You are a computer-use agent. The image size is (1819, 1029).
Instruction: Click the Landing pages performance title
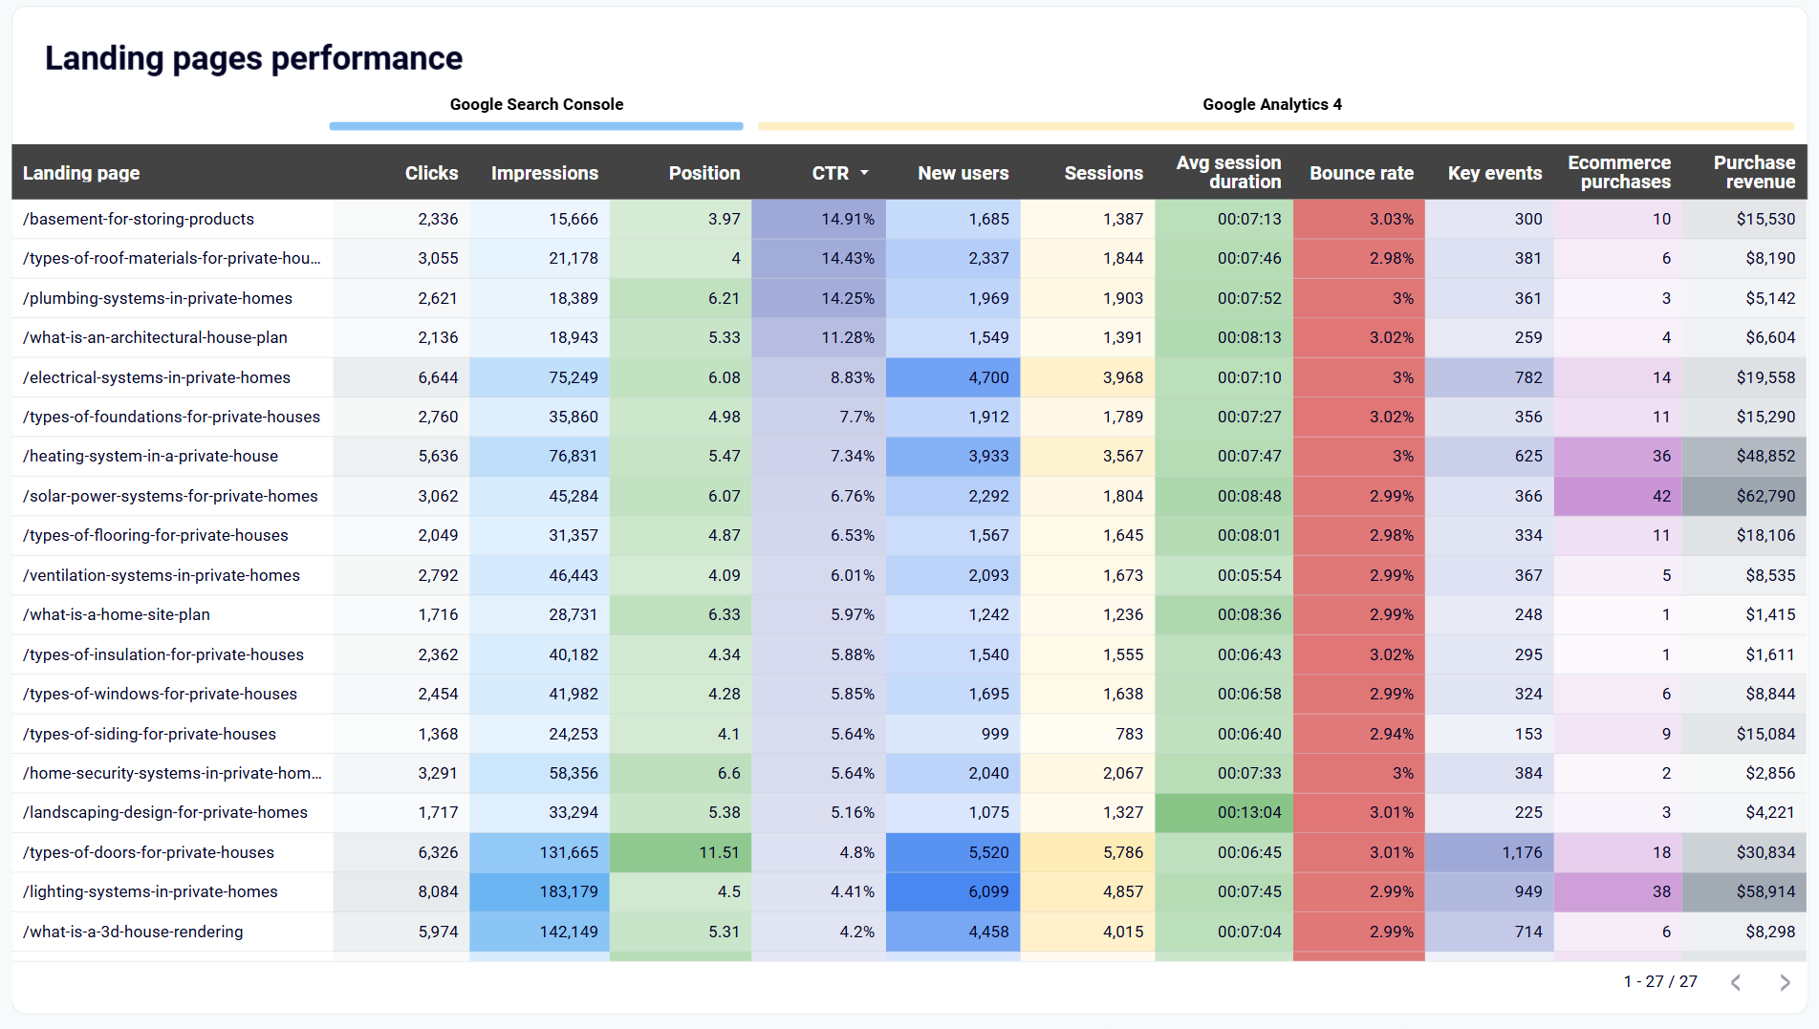253,58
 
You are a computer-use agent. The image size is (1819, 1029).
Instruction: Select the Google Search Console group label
536,104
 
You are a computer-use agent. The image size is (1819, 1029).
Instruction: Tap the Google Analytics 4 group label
1271,104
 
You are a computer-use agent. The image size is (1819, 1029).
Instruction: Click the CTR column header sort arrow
864,173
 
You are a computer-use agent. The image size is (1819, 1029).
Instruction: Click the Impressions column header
544,173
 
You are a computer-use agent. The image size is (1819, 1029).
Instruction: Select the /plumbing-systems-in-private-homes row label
158,298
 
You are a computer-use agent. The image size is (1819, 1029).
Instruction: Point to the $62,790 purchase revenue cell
1765,496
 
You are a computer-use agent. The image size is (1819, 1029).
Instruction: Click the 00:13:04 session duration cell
1248,812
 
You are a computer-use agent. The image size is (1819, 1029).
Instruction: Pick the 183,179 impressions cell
568,891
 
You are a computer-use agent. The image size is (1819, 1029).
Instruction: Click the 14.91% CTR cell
847,219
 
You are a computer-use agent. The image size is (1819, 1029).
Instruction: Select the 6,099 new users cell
987,891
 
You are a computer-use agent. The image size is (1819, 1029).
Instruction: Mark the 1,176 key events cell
1521,852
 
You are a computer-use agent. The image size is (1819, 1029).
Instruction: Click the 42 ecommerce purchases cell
1661,496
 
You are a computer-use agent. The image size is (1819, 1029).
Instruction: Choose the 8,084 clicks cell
438,891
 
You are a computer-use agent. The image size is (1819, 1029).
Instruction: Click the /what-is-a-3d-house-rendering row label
133,932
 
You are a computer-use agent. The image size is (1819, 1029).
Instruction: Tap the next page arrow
1784,982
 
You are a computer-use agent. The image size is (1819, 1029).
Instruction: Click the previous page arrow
1736,982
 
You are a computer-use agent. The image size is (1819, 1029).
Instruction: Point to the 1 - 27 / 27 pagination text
1659,981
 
